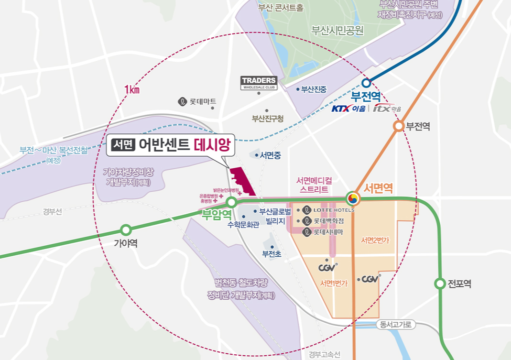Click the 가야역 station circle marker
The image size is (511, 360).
pyautogui.click(x=126, y=230)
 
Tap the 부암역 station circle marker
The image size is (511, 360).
pyautogui.click(x=231, y=202)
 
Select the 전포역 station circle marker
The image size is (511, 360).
pyautogui.click(x=440, y=284)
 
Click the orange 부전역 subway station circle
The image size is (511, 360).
pyautogui.click(x=398, y=126)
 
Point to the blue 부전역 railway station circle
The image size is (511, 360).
pyautogui.click(x=366, y=83)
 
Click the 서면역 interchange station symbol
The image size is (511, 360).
pyautogui.click(x=353, y=198)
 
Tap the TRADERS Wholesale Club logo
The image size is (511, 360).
pyautogui.click(x=259, y=83)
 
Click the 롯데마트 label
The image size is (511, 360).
pyautogui.click(x=203, y=101)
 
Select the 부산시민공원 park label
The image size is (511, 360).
pyautogui.click(x=337, y=31)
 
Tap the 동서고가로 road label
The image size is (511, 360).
pyautogui.click(x=395, y=325)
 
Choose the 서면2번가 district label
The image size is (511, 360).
pyautogui.click(x=375, y=240)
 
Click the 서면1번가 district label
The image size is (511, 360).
pyautogui.click(x=334, y=283)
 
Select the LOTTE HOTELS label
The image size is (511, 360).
pyautogui.click(x=333, y=210)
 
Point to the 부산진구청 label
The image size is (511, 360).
pyautogui.click(x=268, y=119)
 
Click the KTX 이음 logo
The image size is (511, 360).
pyautogui.click(x=348, y=109)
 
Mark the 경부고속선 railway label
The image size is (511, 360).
pyautogui.click(x=324, y=354)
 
